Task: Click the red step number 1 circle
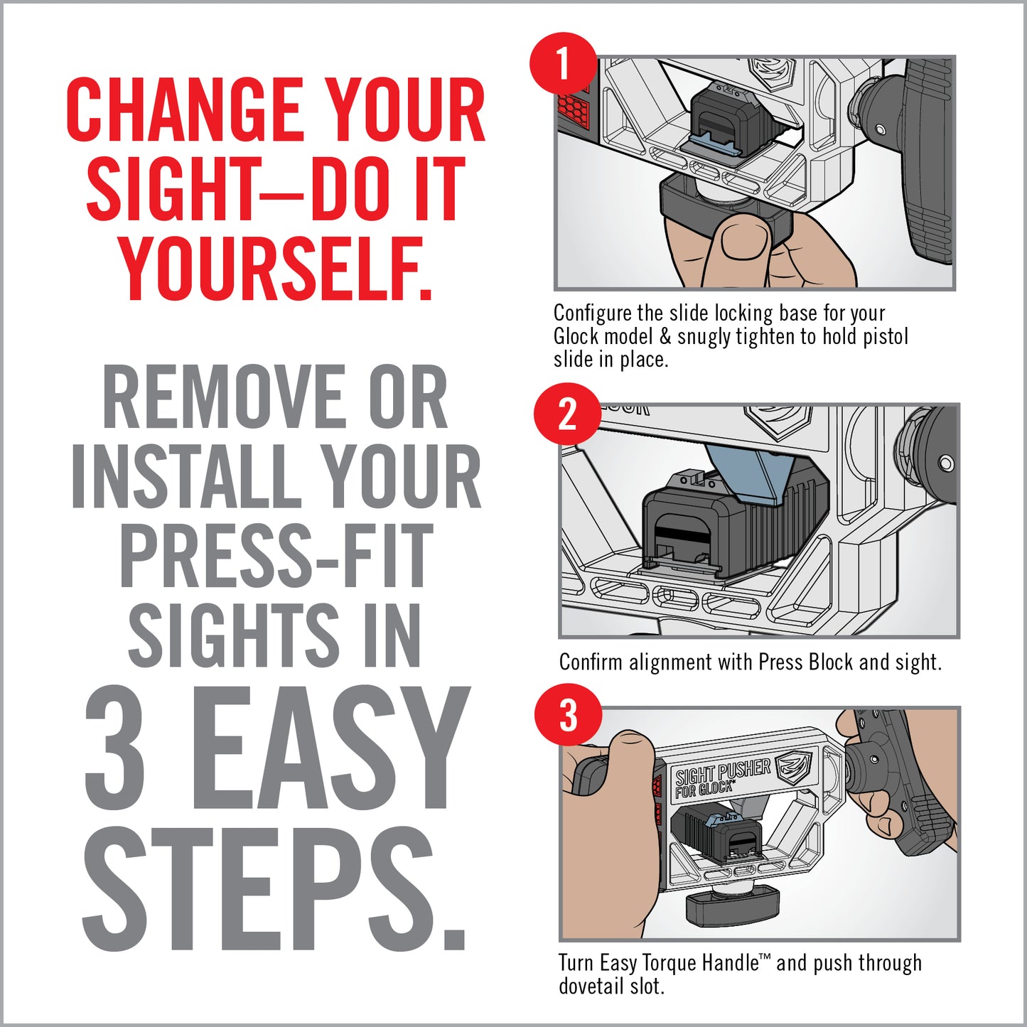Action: (563, 65)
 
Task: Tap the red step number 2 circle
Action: (567, 414)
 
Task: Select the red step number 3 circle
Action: (568, 716)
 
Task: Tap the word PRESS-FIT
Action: (276, 556)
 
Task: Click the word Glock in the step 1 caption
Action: (576, 336)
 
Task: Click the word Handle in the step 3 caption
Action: (730, 963)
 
